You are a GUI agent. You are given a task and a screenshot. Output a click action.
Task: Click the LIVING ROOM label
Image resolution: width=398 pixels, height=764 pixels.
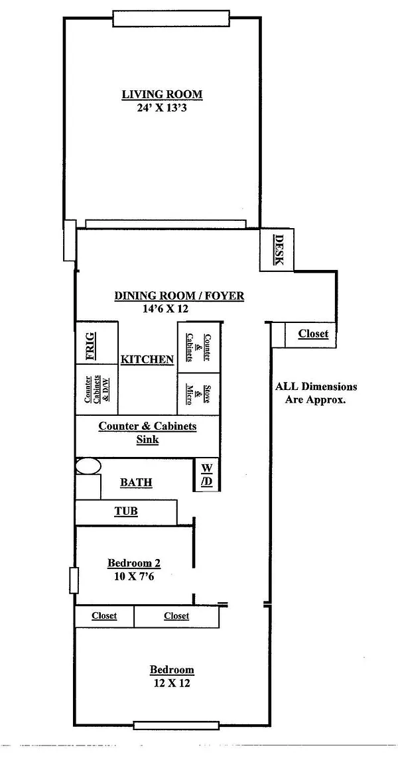(x=162, y=94)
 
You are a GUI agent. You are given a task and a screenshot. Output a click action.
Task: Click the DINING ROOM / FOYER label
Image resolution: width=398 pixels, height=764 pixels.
(x=179, y=296)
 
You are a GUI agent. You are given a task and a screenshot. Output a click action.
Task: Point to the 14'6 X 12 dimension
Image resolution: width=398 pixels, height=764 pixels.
(x=166, y=308)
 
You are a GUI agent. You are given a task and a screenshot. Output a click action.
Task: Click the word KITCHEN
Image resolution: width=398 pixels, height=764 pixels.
(x=147, y=359)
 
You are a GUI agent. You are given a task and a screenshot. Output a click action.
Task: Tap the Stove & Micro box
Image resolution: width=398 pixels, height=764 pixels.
(x=199, y=394)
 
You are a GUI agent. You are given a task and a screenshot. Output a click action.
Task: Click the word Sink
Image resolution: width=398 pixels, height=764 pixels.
(x=147, y=439)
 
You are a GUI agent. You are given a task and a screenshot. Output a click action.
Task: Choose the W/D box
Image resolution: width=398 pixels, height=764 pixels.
(x=207, y=475)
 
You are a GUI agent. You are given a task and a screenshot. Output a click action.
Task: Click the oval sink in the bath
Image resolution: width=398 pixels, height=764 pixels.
(x=87, y=466)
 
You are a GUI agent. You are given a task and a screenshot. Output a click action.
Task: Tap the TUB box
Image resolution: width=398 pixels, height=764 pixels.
(x=126, y=512)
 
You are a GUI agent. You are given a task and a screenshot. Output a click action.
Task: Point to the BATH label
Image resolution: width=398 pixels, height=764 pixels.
(x=136, y=483)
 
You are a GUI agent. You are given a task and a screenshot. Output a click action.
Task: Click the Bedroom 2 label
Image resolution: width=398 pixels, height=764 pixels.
(x=134, y=564)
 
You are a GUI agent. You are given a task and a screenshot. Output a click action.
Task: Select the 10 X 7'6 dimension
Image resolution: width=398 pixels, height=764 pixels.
(x=134, y=576)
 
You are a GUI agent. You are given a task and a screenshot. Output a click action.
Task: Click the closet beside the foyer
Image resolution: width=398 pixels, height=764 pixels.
(x=312, y=334)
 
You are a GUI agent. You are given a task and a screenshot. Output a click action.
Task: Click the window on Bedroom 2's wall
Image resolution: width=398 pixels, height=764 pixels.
(x=74, y=580)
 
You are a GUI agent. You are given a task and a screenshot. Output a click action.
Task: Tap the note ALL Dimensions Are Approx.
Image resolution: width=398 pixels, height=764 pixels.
(x=316, y=393)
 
